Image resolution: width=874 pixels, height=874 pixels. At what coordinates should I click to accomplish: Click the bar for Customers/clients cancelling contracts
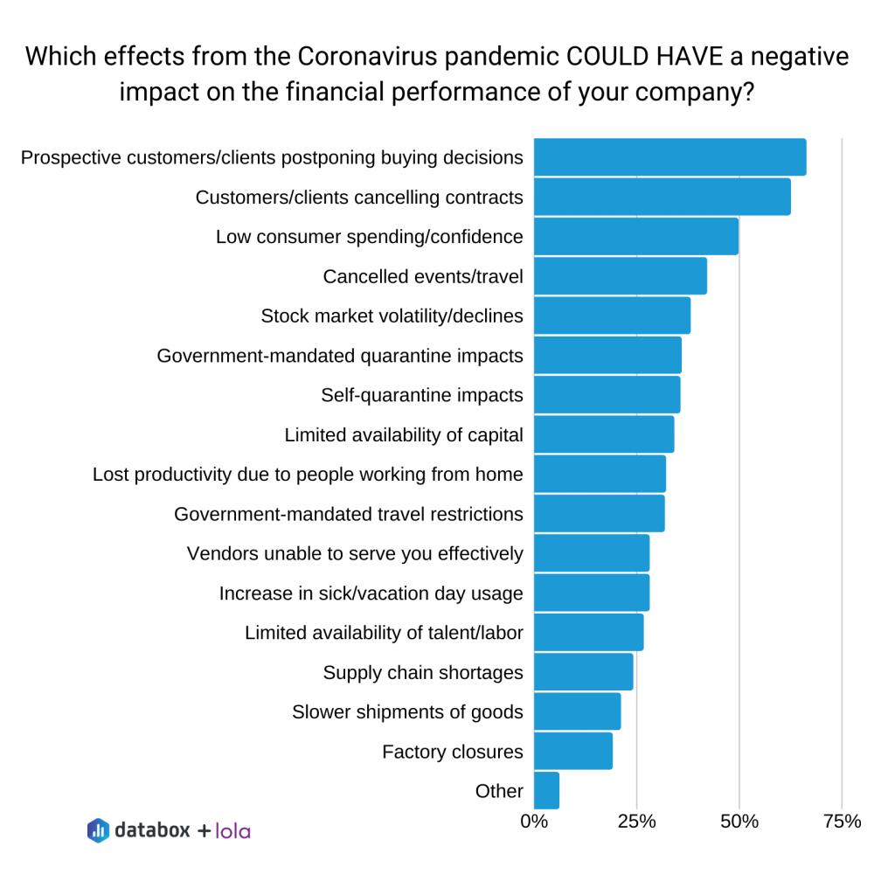click(662, 197)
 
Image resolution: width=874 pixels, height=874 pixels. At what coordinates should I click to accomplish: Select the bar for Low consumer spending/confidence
click(635, 236)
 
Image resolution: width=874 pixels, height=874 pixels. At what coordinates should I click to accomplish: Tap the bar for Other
click(546, 791)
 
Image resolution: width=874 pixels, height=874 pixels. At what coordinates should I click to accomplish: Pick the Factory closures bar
click(572, 751)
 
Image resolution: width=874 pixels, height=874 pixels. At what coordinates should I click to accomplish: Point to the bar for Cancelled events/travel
click(620, 276)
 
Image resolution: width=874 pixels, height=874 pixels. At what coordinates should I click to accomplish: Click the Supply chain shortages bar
click(583, 672)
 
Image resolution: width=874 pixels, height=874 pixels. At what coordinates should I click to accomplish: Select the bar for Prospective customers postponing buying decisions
click(669, 157)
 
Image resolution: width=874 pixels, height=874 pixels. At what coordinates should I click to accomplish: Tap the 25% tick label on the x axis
click(637, 822)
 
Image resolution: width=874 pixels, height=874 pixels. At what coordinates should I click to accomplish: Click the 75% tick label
click(842, 822)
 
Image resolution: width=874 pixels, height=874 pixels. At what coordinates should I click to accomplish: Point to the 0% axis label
click(534, 822)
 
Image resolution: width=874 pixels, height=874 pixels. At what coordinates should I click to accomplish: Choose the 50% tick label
click(739, 822)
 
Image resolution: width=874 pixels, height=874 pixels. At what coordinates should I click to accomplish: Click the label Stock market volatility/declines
click(392, 316)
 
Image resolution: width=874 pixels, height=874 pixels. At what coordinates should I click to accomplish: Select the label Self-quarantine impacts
click(422, 395)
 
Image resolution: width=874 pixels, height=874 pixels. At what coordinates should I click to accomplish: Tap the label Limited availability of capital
click(404, 434)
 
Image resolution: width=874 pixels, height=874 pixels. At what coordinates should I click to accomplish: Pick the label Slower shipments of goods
click(407, 711)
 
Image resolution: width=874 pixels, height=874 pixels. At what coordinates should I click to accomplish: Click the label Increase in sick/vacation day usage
click(371, 593)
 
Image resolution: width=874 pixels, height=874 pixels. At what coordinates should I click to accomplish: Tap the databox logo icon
click(98, 830)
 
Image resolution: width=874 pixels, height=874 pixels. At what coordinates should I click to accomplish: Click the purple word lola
click(232, 830)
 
